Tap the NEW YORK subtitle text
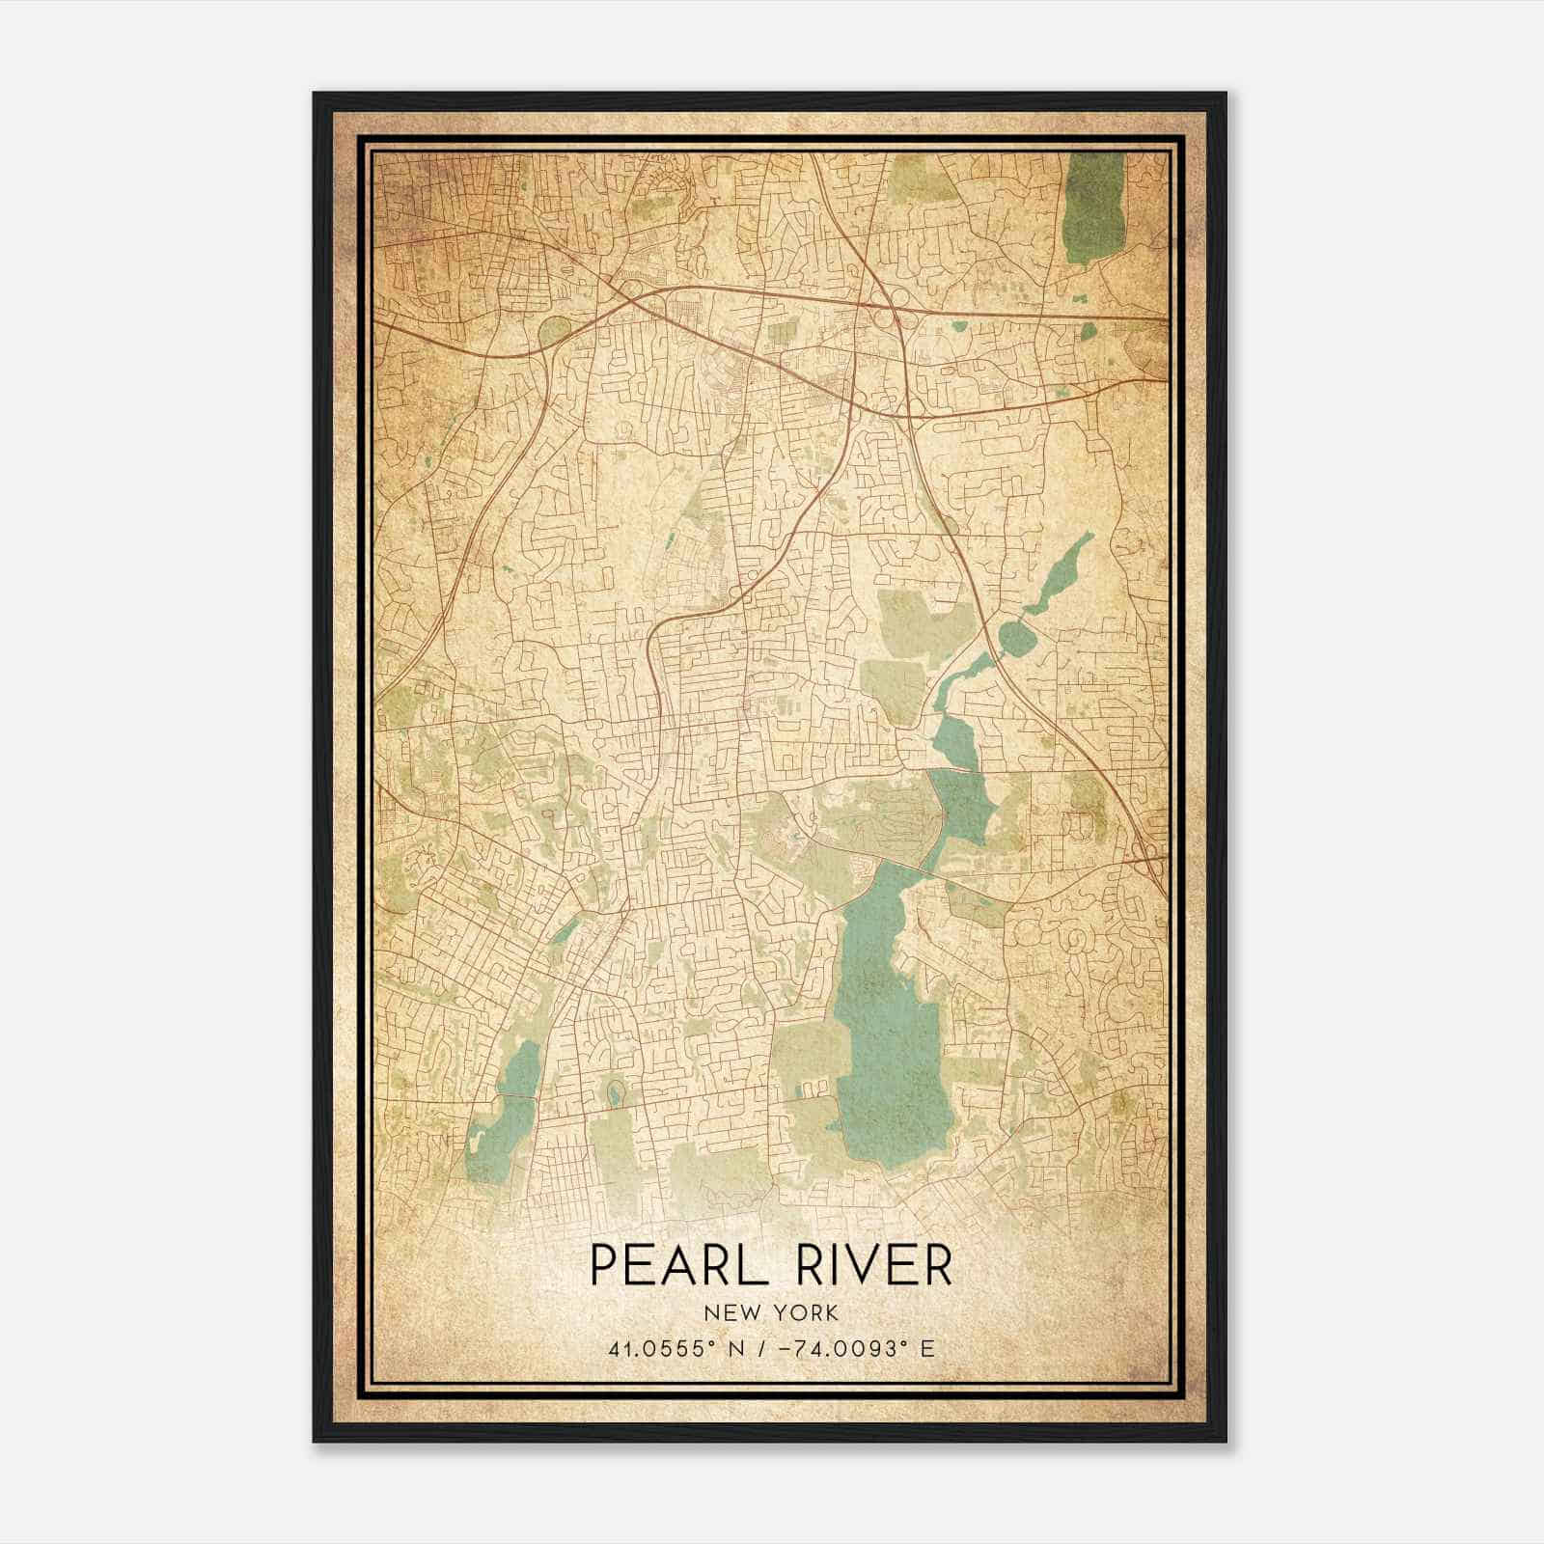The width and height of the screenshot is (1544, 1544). pos(771,1312)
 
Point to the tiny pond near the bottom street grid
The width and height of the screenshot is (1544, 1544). pos(614,1092)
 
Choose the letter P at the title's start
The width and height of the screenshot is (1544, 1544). pos(601,1265)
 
